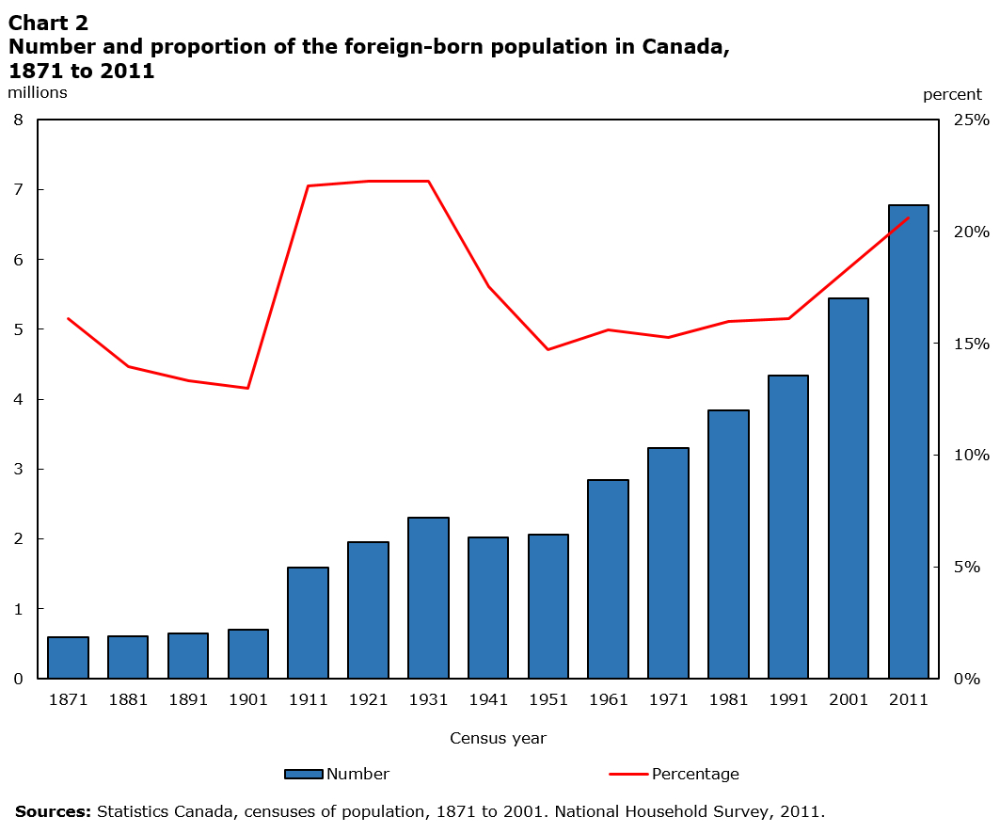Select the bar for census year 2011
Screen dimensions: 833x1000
[x=908, y=441]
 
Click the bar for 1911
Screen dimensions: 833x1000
[x=308, y=622]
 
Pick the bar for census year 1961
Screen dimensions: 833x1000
[x=608, y=579]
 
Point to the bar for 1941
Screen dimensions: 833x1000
[x=488, y=607]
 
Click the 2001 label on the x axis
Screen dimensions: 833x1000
[x=849, y=699]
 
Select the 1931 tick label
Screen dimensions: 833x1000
[x=428, y=699]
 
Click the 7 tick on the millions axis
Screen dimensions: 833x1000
[x=18, y=189]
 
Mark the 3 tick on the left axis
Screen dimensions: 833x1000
[x=18, y=469]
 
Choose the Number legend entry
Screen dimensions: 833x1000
[x=337, y=774]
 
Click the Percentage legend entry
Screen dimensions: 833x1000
[x=675, y=774]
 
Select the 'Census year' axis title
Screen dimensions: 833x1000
[x=498, y=738]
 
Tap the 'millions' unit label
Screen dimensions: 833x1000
[x=38, y=92]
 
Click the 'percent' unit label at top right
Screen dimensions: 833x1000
[x=952, y=94]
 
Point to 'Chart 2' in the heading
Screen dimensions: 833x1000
[x=48, y=24]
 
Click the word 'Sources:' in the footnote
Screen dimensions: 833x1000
[x=53, y=810]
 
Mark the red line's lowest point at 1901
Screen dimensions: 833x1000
[x=248, y=388]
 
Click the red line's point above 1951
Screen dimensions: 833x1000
[x=548, y=349]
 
